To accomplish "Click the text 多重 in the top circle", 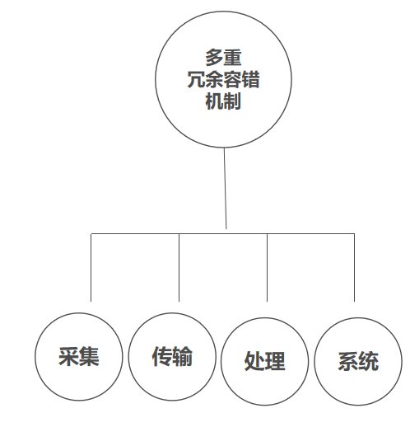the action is point(223,58).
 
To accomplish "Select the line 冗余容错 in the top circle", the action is point(223,79).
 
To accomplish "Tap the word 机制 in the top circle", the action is point(223,101).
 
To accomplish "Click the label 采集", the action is point(79,356).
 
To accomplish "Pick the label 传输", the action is point(172,356).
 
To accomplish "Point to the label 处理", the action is point(265,361).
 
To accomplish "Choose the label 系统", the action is point(358,361).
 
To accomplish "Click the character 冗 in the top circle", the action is point(196,79).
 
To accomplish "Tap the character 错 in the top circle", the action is point(250,79).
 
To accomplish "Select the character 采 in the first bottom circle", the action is point(68,356).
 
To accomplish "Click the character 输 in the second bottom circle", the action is point(183,356).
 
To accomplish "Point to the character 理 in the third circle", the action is point(275,361).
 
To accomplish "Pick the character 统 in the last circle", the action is point(369,361).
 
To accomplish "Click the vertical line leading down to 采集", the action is point(91,267).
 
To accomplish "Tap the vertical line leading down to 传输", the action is point(179,267).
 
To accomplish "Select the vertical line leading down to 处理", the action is point(268,267).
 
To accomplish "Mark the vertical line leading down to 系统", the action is point(354,267).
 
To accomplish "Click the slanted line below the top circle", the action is point(226,188).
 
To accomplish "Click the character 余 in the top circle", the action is point(214,79).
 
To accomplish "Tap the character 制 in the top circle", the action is point(232,101).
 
